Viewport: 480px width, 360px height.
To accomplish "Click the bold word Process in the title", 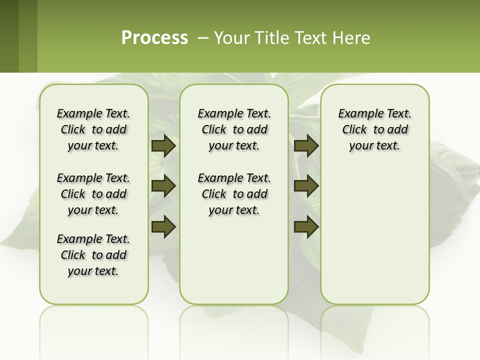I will [154, 38].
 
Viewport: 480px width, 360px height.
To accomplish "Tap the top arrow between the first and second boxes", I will [163, 145].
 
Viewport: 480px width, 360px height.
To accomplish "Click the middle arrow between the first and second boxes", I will [163, 186].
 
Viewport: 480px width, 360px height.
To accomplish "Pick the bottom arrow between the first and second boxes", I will [163, 226].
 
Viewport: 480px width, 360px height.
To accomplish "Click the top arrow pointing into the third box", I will [306, 145].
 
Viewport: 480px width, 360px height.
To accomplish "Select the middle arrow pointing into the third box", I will [306, 186].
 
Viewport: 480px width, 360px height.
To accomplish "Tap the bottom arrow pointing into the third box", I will [306, 226].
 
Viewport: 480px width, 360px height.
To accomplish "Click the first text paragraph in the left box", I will [93, 129].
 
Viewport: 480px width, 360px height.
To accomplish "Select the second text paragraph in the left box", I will [93, 194].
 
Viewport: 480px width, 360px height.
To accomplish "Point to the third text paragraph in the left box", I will [93, 255].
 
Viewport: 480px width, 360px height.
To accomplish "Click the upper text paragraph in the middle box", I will [234, 129].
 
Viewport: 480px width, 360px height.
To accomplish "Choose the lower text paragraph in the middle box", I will [234, 194].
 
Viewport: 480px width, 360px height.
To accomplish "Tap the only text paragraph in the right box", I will [374, 129].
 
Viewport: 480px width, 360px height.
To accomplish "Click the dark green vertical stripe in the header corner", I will [9, 36].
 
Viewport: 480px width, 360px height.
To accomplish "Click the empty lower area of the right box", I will [374, 240].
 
